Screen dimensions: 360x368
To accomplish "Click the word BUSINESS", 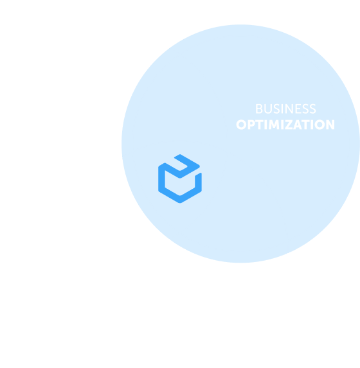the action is coord(285,109).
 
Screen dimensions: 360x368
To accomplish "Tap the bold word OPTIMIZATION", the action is coord(285,125).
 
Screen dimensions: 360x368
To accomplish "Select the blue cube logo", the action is coord(180,179).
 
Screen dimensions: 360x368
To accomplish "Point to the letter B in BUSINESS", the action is coord(259,109).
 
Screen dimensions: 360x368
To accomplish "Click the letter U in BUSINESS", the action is coord(268,109).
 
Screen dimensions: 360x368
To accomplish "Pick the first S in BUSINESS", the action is coord(276,109).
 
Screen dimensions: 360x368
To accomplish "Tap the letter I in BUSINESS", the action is coord(282,109).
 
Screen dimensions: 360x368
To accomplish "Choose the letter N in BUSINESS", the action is coord(289,109).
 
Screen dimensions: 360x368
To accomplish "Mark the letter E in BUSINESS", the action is coord(298,109).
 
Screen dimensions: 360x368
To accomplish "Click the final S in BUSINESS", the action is coord(313,109).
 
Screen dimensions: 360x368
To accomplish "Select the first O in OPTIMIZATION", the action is coord(241,125).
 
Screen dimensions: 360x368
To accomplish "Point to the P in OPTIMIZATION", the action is coord(251,125).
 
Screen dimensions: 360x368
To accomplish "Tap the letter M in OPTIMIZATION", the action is coord(274,125).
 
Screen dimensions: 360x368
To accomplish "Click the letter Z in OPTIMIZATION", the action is coord(289,125).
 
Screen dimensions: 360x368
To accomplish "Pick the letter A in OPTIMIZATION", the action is coord(298,125).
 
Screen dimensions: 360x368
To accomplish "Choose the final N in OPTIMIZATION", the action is coord(330,125).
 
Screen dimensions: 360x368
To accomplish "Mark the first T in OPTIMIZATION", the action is coord(259,125).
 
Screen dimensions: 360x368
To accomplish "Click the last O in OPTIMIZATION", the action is coord(319,125).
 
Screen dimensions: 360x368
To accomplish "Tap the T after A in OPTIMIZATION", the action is coord(305,125).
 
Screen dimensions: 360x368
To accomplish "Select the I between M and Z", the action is coord(282,125).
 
